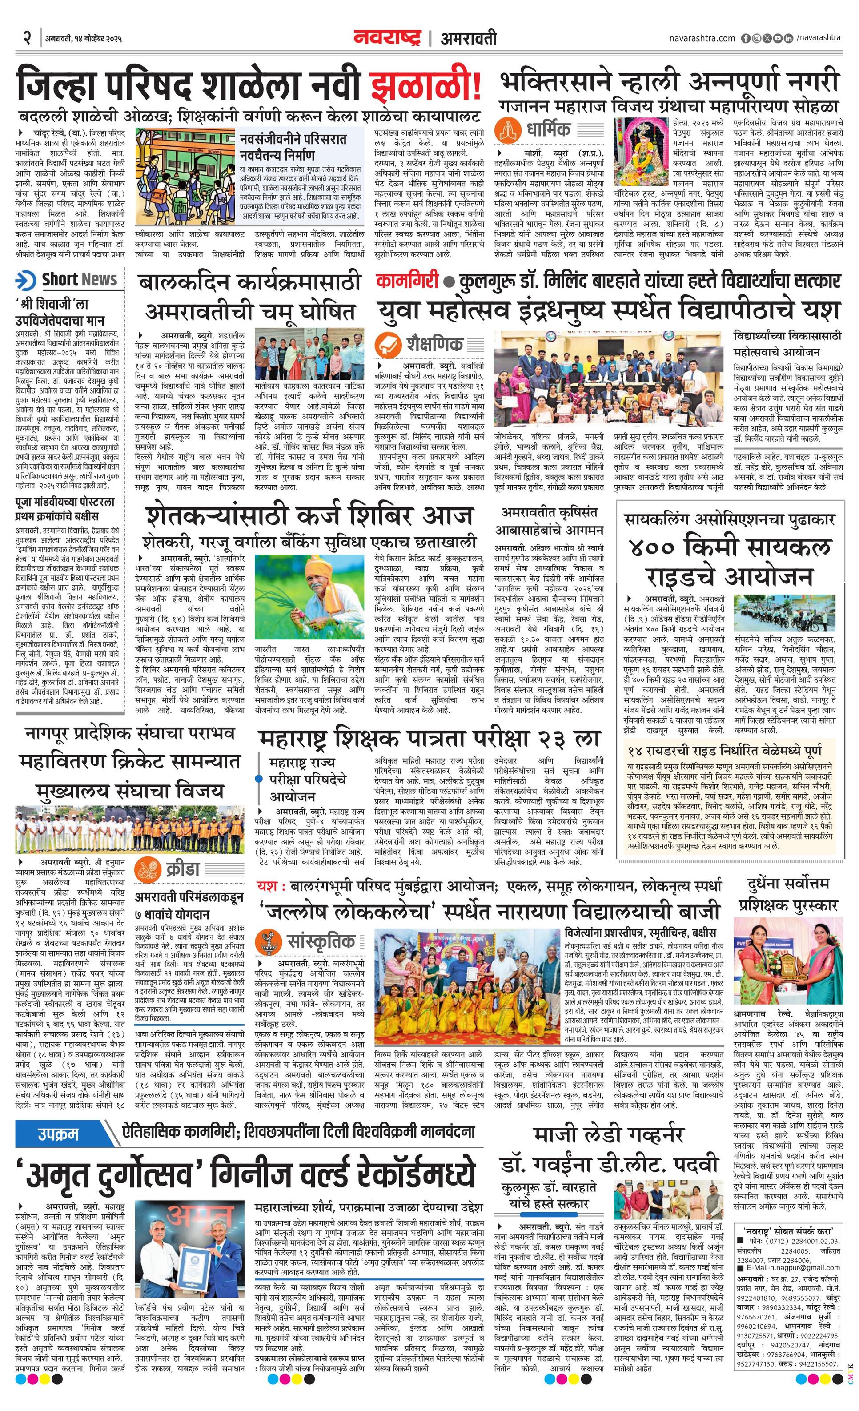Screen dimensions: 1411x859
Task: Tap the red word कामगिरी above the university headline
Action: [x=407, y=281]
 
